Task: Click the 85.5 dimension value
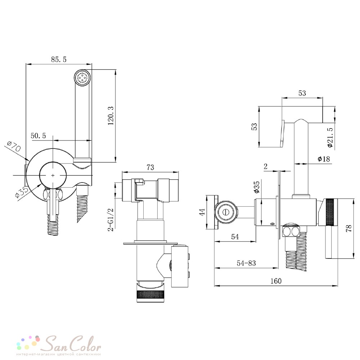[x=59, y=59]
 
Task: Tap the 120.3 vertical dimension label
[x=111, y=116]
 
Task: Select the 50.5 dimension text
[x=39, y=136]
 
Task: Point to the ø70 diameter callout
[x=14, y=147]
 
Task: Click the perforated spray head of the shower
[x=83, y=78]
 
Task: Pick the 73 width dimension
[x=150, y=167]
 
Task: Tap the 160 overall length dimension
[x=276, y=281]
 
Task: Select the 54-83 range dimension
[x=246, y=263]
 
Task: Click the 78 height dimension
[x=348, y=228]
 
